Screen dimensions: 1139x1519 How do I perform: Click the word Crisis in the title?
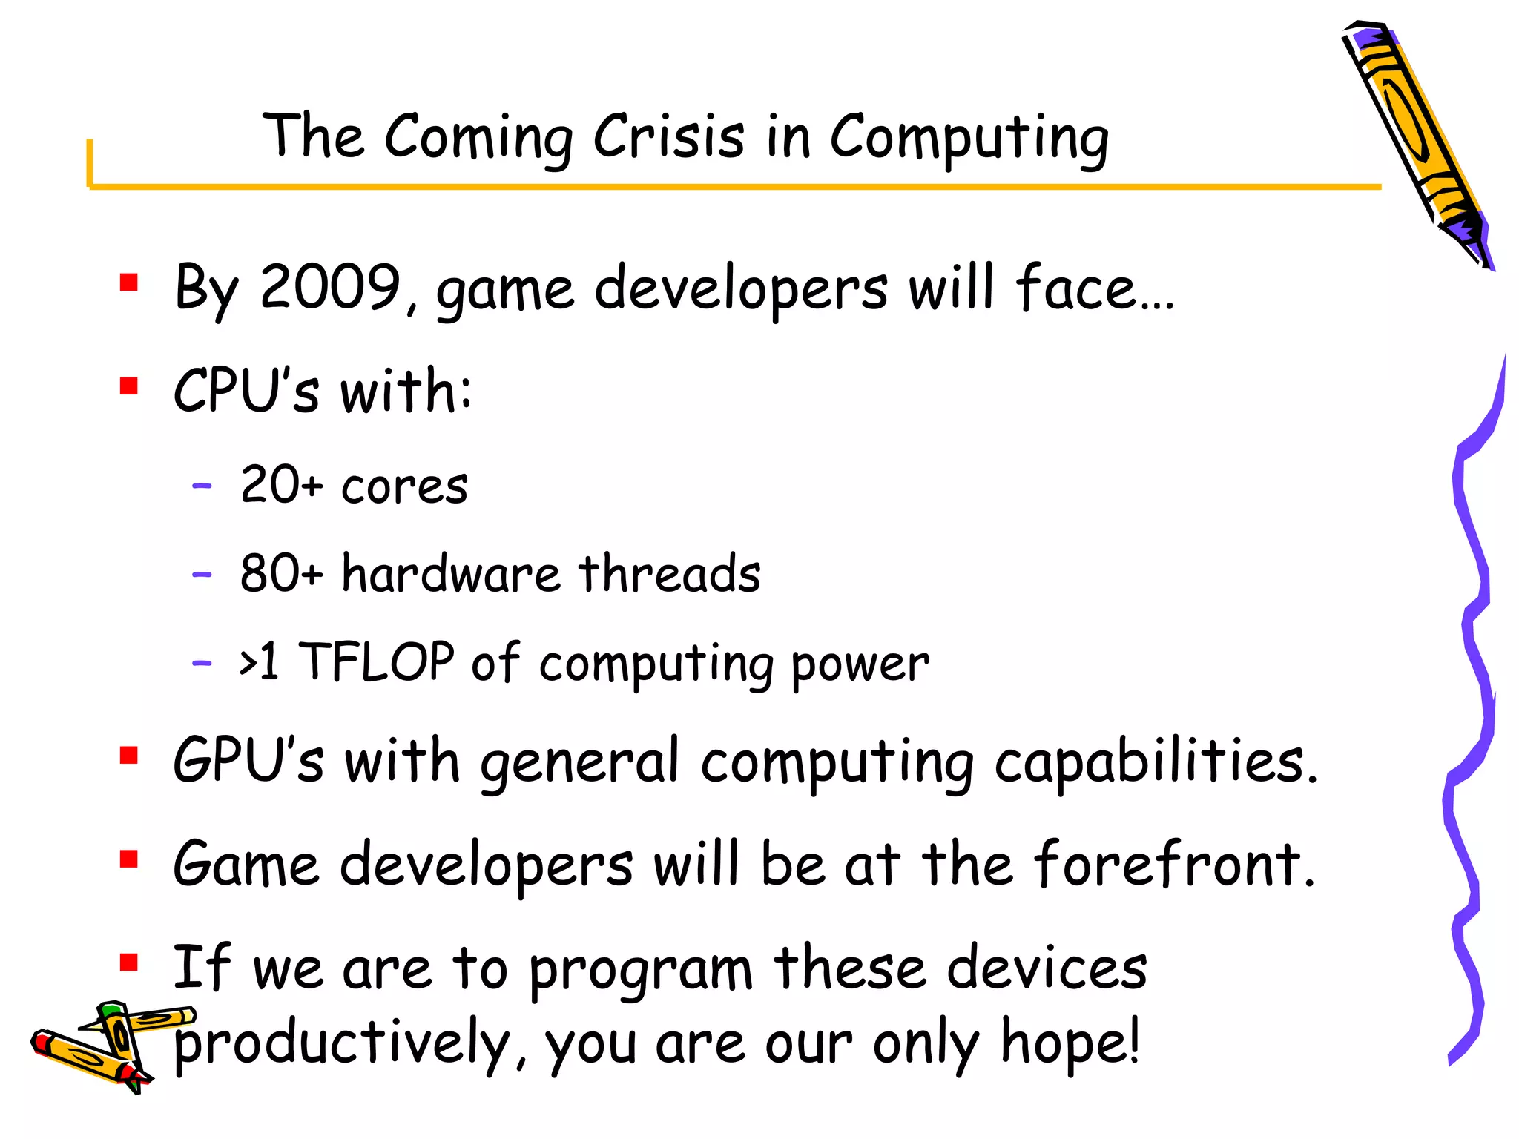[x=668, y=136]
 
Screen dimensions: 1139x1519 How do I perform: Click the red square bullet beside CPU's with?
[x=129, y=386]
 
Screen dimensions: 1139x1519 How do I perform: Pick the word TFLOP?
[x=376, y=661]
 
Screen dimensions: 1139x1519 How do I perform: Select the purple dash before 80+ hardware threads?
[x=202, y=575]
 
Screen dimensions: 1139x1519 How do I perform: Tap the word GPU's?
[x=248, y=761]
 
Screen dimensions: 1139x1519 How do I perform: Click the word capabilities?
[x=1156, y=762]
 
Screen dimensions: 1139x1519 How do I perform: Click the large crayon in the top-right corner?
[x=1417, y=141]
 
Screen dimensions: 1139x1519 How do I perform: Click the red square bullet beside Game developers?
[x=129, y=859]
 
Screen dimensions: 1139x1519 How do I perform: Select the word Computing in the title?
[x=969, y=138]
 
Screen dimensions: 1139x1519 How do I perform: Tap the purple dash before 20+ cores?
[x=202, y=486]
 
